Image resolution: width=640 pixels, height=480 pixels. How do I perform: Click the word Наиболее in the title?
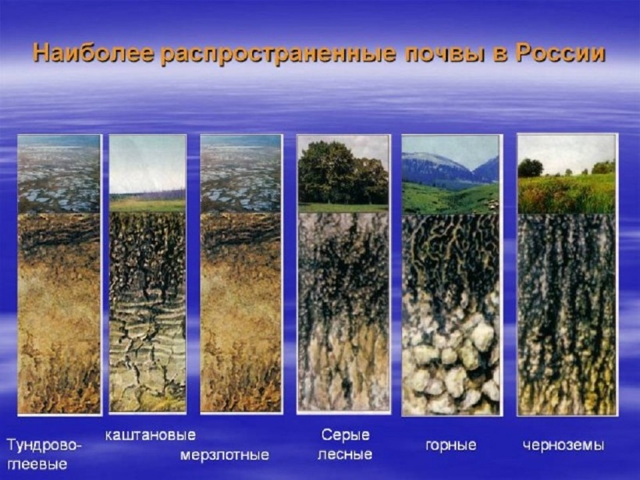tap(93, 55)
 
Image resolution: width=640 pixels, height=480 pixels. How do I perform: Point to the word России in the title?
tap(560, 55)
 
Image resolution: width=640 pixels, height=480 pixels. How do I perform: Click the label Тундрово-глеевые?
tap(44, 454)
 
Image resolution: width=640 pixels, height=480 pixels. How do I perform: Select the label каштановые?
tap(150, 435)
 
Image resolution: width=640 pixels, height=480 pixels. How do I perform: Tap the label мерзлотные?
tap(225, 455)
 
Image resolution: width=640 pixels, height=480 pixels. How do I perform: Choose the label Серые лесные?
tap(345, 444)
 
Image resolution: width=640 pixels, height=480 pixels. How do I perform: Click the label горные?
tap(450, 445)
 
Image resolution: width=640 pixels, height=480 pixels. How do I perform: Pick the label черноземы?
tap(564, 445)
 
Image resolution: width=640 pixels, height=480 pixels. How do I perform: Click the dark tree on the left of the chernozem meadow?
tap(530, 168)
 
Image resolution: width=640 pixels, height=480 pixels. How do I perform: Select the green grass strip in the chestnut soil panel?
tap(148, 205)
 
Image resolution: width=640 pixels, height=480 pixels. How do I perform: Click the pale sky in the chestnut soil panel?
tap(148, 163)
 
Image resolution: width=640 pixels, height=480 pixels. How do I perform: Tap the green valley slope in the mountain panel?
tap(449, 198)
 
